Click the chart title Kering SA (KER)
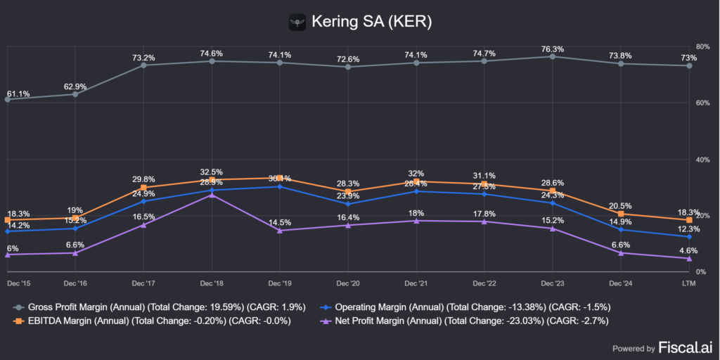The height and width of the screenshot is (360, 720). [x=371, y=22]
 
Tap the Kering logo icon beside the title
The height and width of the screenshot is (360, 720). [x=298, y=22]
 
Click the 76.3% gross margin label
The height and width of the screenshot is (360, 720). [x=553, y=49]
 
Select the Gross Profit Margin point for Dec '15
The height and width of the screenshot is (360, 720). [x=7, y=99]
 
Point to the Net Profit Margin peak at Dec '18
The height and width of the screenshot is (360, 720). [x=212, y=195]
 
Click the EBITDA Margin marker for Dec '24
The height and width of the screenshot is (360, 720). [x=621, y=214]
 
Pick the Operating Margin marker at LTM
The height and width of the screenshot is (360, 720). [x=689, y=237]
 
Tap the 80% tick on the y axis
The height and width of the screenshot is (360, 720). [x=701, y=46]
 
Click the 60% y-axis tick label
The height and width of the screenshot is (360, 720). [x=701, y=103]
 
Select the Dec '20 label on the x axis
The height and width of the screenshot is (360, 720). [x=348, y=282]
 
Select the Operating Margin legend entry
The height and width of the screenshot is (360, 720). [x=465, y=307]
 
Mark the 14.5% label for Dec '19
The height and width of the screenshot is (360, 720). [x=281, y=222]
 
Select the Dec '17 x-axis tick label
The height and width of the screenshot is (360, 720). [x=143, y=282]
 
